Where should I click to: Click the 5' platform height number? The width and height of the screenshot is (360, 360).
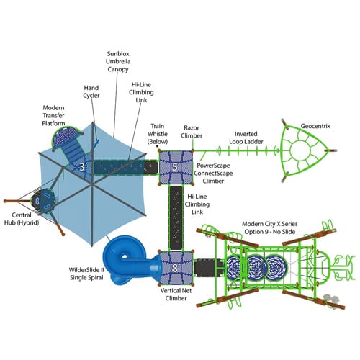pyautogui.click(x=176, y=167)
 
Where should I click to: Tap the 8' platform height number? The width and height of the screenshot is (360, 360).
pyautogui.click(x=176, y=268)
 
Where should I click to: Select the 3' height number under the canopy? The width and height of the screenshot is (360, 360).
pyautogui.click(x=83, y=166)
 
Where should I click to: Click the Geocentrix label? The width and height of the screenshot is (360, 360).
pyautogui.click(x=315, y=126)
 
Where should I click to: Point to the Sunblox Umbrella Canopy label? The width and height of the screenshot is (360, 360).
pyautogui.click(x=118, y=61)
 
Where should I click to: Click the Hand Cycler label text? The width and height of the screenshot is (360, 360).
pyautogui.click(x=91, y=91)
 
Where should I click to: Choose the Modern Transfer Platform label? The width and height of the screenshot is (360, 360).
pyautogui.click(x=53, y=115)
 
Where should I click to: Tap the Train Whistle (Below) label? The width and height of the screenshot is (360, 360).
pyautogui.click(x=158, y=134)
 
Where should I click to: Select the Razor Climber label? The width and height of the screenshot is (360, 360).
pyautogui.click(x=192, y=132)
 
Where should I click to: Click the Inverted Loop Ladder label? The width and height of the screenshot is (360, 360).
pyautogui.click(x=246, y=138)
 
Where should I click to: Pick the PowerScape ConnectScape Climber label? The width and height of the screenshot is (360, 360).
pyautogui.click(x=213, y=173)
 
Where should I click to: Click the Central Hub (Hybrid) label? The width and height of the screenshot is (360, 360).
pyautogui.click(x=22, y=219)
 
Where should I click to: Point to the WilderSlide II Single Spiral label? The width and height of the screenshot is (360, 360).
pyautogui.click(x=86, y=274)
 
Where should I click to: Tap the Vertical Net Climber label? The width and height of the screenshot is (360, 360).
pyautogui.click(x=176, y=294)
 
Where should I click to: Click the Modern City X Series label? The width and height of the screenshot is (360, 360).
pyautogui.click(x=270, y=224)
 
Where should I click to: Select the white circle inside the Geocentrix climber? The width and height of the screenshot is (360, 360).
pyautogui.click(x=300, y=150)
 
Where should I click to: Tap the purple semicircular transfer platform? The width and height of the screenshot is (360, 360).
pyautogui.click(x=66, y=137)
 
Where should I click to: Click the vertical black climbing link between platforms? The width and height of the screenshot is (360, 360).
pyautogui.click(x=176, y=218)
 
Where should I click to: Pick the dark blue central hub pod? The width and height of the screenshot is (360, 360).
pyautogui.click(x=45, y=201)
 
